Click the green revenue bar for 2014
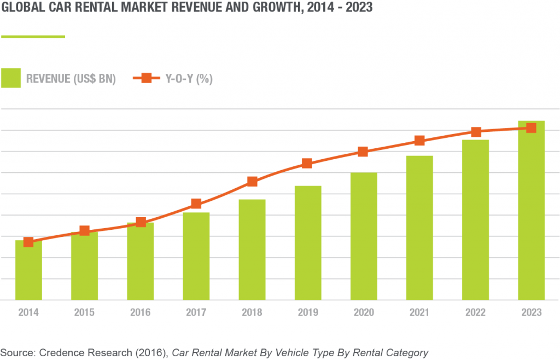pyautogui.click(x=28, y=271)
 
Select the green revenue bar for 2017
pyautogui.click(x=196, y=256)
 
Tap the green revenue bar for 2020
pyautogui.click(x=364, y=236)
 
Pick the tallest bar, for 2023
pyautogui.click(x=531, y=211)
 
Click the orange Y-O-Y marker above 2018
pyautogui.click(x=252, y=182)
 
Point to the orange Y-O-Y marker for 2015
pyautogui.click(x=84, y=231)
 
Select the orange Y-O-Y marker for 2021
pyautogui.click(x=419, y=141)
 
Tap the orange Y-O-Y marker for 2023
pyautogui.click(x=531, y=128)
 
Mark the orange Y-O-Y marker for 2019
pyautogui.click(x=307, y=163)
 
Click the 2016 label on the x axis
pyautogui.click(x=140, y=313)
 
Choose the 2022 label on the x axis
pyautogui.click(x=475, y=313)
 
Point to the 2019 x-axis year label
pyautogui.click(x=307, y=313)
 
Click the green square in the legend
pyautogui.click(x=11, y=78)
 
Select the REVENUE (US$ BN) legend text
pyautogui.click(x=71, y=79)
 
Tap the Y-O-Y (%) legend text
pyautogui.click(x=189, y=79)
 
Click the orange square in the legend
pyautogui.click(x=147, y=78)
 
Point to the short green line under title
pyautogui.click(x=33, y=37)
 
